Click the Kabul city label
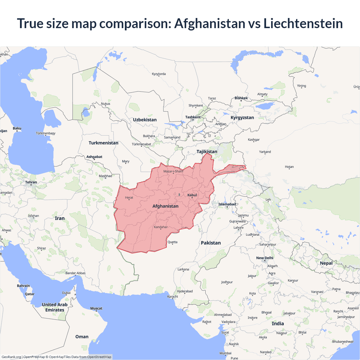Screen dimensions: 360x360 (192, 195)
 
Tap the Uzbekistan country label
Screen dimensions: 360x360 (145, 120)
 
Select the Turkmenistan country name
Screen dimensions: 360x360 (103, 143)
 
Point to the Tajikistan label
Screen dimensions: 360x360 (207, 152)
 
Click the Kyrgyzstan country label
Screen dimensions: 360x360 (242, 118)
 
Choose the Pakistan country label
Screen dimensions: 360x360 (211, 243)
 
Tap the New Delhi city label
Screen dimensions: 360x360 (265, 258)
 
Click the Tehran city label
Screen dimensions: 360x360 (31, 182)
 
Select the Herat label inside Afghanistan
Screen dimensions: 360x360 (129, 198)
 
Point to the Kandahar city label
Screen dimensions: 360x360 (161, 227)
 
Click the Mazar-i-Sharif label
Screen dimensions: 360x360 (173, 171)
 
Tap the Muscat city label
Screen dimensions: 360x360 (96, 309)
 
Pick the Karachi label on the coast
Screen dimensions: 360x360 (172, 296)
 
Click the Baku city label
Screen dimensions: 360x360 (17, 129)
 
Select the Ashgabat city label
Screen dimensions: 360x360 (94, 157)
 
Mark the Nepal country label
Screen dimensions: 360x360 (326, 263)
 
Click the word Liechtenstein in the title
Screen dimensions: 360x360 (303, 23)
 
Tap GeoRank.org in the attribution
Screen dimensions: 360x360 (11, 357)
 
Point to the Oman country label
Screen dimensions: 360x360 (82, 337)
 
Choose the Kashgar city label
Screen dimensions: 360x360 (254, 140)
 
